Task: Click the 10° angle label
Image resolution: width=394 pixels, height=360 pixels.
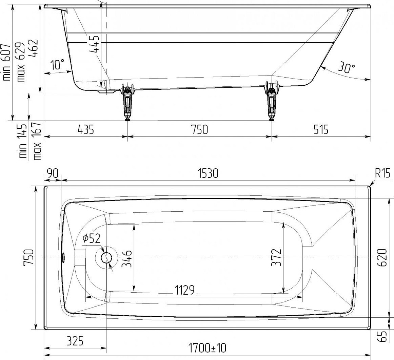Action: (58, 64)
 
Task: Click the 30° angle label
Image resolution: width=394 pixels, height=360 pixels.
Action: (346, 67)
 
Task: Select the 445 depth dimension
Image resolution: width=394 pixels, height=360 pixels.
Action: (94, 44)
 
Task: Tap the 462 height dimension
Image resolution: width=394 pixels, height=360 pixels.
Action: (33, 48)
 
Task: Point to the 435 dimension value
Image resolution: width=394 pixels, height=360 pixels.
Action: (86, 130)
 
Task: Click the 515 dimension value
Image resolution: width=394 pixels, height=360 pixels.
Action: (321, 130)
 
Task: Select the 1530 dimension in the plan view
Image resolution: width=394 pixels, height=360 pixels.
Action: (208, 173)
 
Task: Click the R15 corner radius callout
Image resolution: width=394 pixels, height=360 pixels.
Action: (383, 173)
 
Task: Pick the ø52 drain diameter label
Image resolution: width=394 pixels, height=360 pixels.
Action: (91, 238)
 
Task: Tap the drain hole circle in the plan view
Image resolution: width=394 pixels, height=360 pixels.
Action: (106, 258)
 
